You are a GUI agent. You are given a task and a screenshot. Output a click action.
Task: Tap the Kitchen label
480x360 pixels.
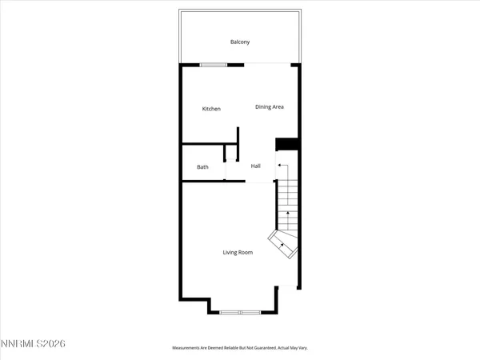tap(211, 109)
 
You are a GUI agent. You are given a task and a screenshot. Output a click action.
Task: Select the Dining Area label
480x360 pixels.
tap(270, 106)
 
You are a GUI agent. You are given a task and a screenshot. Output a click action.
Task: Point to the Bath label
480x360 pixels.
tap(203, 166)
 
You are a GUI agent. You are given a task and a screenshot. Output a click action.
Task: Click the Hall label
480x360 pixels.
tap(256, 166)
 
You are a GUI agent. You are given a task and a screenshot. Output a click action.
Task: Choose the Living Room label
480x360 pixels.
tap(238, 253)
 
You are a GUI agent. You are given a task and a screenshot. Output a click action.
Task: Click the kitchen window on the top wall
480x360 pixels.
tap(213, 65)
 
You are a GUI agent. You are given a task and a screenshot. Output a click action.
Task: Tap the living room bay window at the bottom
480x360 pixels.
tap(240, 311)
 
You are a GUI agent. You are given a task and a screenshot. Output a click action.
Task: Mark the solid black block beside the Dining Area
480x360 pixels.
tap(286, 144)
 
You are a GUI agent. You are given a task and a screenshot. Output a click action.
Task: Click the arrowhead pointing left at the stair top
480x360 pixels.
tap(279, 165)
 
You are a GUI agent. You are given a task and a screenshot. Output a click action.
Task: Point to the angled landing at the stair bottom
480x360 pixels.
tap(284, 244)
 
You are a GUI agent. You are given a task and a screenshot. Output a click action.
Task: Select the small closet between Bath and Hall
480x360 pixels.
tap(230, 160)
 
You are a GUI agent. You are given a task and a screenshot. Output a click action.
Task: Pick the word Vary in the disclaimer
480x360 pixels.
tap(304, 348)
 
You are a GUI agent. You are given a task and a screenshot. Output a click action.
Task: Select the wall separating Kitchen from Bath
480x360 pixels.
tap(202, 144)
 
